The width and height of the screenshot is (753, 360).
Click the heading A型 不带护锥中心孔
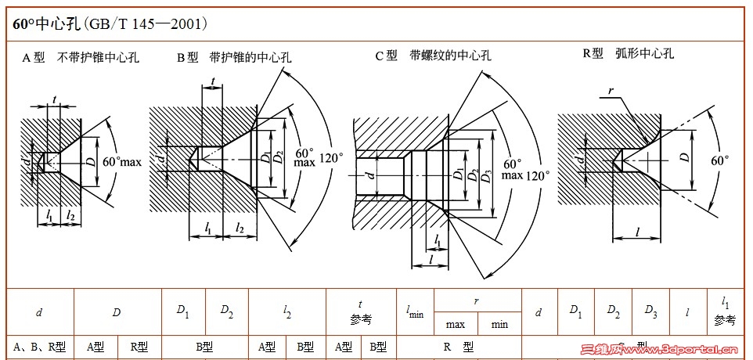(x=81, y=58)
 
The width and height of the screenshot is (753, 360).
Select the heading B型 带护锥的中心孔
(x=234, y=57)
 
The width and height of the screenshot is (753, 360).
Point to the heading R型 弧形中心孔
(x=628, y=54)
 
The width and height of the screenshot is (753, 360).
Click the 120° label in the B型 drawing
(x=331, y=157)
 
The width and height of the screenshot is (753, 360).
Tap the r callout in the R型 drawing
(x=610, y=91)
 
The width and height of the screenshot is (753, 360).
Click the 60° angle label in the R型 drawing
(x=719, y=160)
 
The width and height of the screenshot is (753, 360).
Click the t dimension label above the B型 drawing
(x=213, y=81)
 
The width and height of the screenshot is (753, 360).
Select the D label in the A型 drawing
(x=90, y=162)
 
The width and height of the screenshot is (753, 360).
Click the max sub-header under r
(x=455, y=324)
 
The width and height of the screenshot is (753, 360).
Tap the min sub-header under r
(x=499, y=324)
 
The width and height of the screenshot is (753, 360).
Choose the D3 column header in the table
(x=650, y=311)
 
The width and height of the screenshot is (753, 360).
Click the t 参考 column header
(x=360, y=311)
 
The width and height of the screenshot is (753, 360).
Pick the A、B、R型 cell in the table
(x=39, y=347)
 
